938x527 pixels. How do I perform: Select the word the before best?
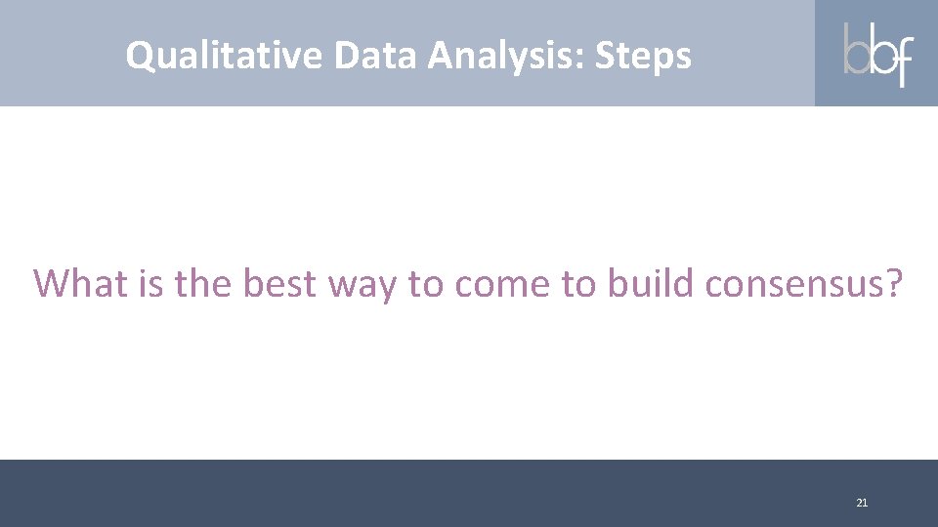coord(204,283)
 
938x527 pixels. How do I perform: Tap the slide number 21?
coord(861,503)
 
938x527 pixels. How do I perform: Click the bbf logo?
coord(876,53)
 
